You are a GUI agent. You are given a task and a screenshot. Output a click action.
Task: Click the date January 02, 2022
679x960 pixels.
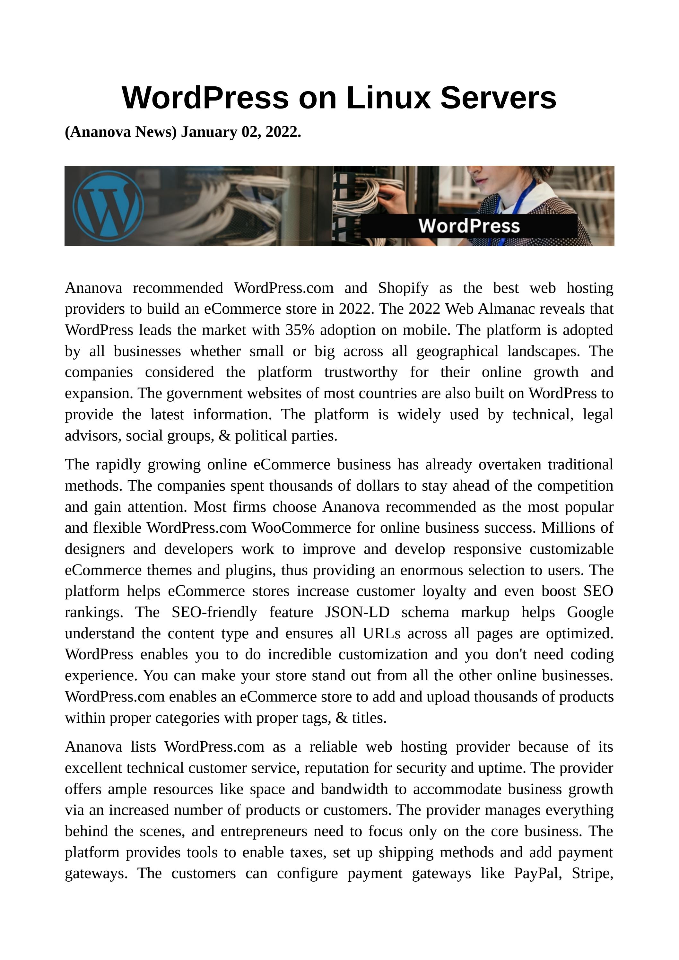241,132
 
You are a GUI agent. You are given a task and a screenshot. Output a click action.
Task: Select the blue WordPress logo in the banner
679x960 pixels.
108,206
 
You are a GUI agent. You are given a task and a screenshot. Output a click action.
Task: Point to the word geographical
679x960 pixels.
457,351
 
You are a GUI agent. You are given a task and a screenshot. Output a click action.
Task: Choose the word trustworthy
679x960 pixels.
361,372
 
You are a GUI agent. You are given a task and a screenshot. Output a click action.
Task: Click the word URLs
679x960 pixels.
381,633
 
